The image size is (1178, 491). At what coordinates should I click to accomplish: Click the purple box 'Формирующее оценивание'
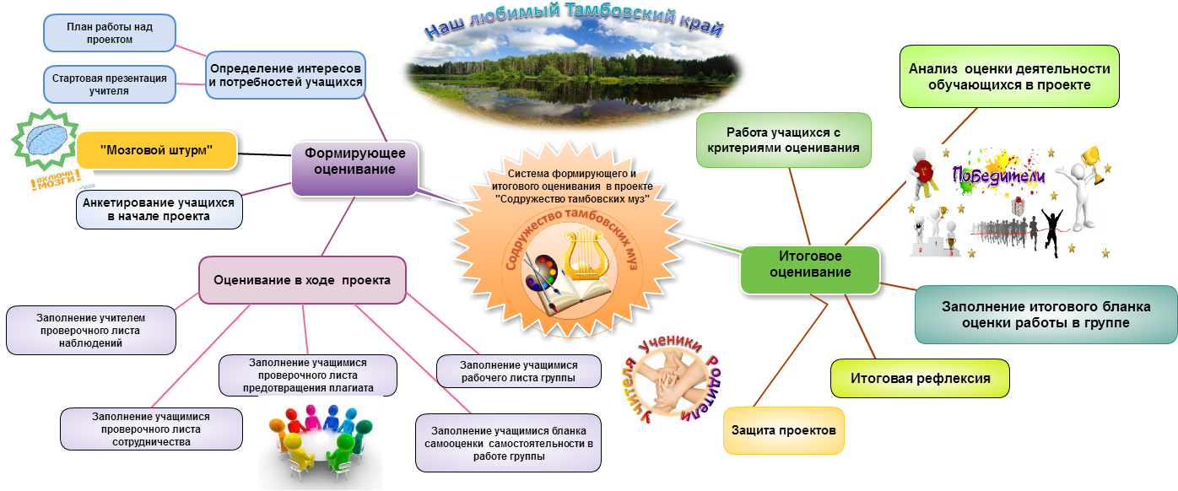(354, 161)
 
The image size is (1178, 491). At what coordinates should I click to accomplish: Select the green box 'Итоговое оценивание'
(810, 265)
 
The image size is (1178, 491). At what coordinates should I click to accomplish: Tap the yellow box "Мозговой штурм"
(156, 150)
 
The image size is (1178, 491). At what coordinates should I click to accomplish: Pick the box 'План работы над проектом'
(110, 33)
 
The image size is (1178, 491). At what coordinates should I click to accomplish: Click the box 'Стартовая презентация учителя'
(110, 84)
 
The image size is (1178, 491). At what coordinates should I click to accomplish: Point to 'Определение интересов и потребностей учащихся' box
(286, 74)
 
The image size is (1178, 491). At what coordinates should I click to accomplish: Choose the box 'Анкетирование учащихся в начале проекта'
(159, 209)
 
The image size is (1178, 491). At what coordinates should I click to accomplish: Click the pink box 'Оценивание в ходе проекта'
(301, 280)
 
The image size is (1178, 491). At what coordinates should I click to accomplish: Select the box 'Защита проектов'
(784, 430)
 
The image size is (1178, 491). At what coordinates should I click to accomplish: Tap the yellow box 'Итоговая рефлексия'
(919, 378)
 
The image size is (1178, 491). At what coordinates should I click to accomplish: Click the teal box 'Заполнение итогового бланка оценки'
(1046, 315)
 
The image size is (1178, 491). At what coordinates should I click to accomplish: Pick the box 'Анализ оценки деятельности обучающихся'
(1008, 77)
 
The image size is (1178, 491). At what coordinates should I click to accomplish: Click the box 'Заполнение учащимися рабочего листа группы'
(518, 371)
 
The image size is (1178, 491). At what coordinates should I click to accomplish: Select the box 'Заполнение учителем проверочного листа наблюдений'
(91, 330)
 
